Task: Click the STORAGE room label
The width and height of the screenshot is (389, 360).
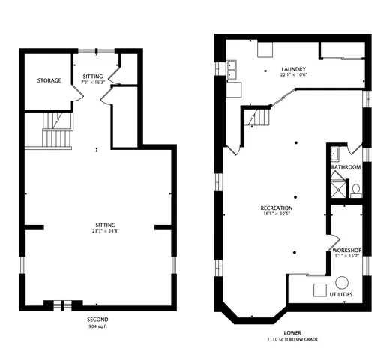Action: [49, 80]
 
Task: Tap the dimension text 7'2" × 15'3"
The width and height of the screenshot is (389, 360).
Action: [94, 82]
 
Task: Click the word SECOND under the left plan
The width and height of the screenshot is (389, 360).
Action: [97, 319]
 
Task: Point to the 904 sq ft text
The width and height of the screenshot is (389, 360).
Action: [97, 327]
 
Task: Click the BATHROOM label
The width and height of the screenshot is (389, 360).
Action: [346, 167]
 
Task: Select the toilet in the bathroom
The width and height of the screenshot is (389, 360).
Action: [356, 188]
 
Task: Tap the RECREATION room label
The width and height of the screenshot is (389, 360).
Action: [277, 208]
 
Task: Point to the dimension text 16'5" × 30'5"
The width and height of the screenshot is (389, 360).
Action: [277, 214]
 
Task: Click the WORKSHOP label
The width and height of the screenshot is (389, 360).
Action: [348, 250]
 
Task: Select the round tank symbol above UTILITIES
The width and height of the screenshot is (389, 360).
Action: [342, 283]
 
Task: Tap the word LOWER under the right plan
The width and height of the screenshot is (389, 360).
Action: [293, 331]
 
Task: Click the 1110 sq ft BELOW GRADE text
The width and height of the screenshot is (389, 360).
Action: [293, 340]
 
